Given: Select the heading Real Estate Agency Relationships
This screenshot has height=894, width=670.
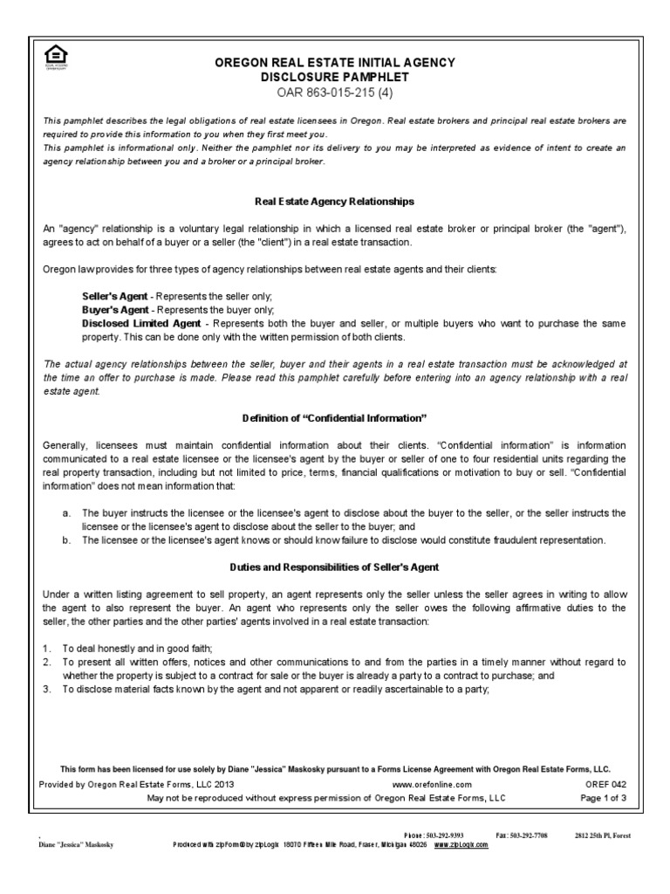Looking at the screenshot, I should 334,201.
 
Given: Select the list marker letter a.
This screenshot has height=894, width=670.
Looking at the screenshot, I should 65,512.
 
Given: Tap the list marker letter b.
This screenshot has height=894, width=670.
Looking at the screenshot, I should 65,540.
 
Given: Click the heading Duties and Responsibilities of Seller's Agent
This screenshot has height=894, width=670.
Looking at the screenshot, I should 334,567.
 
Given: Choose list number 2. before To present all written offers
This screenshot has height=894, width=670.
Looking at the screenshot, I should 48,662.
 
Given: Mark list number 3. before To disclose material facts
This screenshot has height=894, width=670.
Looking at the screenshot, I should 48,690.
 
